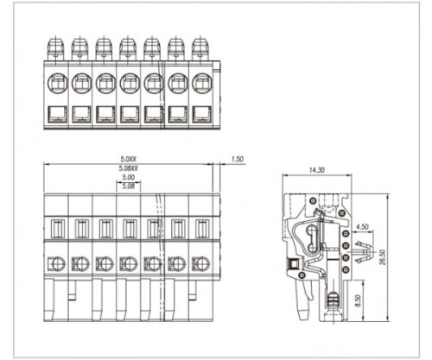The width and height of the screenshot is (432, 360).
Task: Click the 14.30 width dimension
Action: [x=317, y=170]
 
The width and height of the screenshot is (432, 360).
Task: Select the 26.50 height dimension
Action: [x=382, y=257]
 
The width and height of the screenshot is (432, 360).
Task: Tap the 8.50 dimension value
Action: [x=358, y=300]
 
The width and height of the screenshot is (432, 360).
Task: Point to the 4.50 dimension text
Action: [x=362, y=227]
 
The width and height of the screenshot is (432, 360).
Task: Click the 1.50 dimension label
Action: [x=237, y=159]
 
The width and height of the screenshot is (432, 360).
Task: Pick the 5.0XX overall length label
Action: [x=128, y=159]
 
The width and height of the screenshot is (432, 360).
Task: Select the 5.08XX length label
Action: [x=129, y=168]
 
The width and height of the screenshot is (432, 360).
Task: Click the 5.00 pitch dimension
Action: [x=128, y=178]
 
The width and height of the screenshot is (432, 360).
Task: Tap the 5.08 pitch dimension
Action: [x=128, y=186]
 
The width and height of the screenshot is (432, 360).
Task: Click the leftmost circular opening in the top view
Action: [x=57, y=84]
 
